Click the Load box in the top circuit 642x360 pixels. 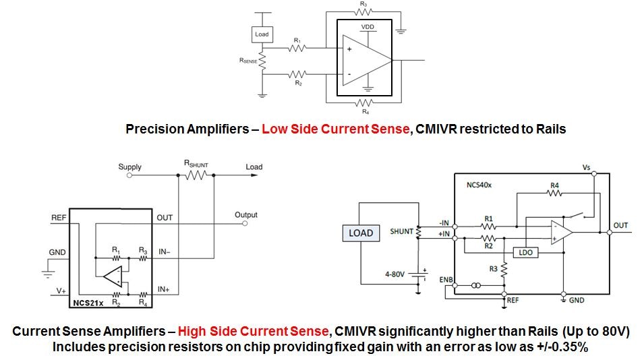262,34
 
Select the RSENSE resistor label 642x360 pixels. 248,61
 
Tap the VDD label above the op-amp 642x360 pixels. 368,27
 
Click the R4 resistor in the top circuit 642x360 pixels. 364,103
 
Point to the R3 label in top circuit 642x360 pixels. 363,4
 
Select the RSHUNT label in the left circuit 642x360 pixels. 196,162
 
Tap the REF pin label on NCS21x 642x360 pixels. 59,218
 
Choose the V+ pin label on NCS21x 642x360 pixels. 61,291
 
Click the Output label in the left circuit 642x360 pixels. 246,215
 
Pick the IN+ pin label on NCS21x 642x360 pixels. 164,289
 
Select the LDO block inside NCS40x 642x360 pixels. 525,253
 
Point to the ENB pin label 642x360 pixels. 446,278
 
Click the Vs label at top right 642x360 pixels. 586,167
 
